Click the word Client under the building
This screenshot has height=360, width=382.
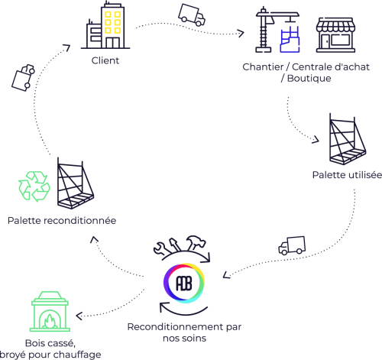click(105, 60)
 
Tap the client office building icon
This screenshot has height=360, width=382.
click(105, 25)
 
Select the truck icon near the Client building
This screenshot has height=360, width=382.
click(192, 15)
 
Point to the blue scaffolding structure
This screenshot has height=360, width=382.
click(290, 40)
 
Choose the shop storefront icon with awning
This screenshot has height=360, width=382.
click(335, 35)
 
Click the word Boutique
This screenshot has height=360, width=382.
click(309, 79)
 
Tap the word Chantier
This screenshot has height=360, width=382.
click(263, 67)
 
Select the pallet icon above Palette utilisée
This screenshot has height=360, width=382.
click(348, 139)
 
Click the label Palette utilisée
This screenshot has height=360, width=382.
click(347, 175)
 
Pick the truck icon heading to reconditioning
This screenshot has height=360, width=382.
click(292, 245)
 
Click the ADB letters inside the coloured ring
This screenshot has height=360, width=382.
click(184, 283)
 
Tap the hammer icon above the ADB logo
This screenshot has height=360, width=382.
click(195, 242)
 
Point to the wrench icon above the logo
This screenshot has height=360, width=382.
click(161, 248)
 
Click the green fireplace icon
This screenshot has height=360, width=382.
click(50, 311)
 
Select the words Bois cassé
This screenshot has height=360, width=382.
click(50, 343)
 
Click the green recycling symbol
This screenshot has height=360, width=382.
click(34, 186)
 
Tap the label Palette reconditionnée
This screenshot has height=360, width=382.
click(62, 221)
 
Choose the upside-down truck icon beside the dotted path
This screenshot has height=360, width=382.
click(23, 78)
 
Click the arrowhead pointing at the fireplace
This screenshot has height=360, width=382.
click(79, 316)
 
